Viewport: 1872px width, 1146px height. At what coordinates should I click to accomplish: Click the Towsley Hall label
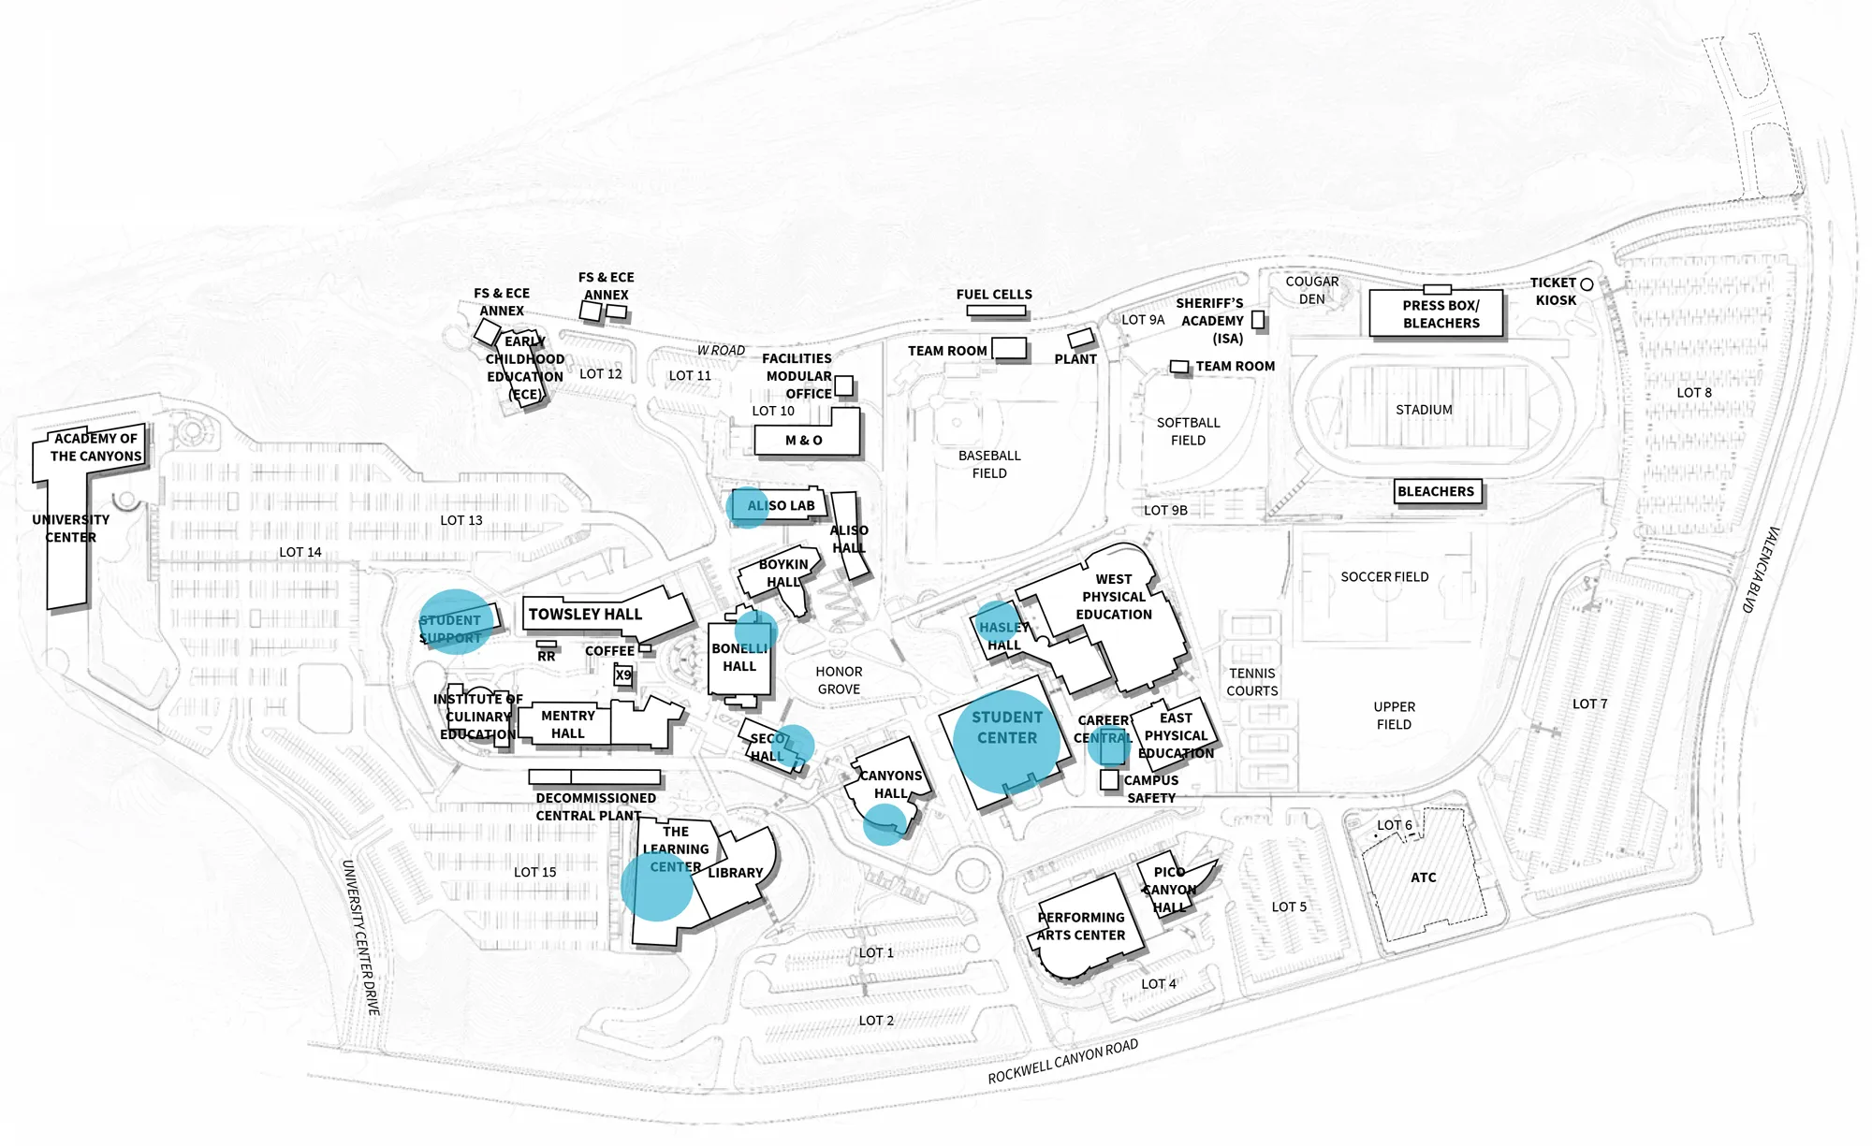click(x=585, y=615)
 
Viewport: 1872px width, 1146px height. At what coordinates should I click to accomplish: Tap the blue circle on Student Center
click(x=1007, y=742)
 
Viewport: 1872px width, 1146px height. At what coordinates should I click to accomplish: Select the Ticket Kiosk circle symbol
click(x=1587, y=283)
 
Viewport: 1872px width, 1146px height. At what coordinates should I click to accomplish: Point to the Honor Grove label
click(x=839, y=680)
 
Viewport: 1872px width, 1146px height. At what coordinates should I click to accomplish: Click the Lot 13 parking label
click(x=461, y=520)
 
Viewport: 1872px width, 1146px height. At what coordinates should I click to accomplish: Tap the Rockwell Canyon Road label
click(x=1063, y=1061)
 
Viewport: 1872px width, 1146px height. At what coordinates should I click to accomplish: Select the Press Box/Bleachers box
click(x=1437, y=312)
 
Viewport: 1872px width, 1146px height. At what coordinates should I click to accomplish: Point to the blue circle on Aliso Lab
click(x=747, y=507)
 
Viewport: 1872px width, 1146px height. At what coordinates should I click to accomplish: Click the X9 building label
click(x=623, y=675)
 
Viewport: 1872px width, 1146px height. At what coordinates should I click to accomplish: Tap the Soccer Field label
click(x=1384, y=577)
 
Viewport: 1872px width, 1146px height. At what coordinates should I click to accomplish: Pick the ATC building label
click(x=1423, y=878)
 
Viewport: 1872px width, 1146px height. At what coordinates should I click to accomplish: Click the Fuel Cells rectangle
click(x=996, y=311)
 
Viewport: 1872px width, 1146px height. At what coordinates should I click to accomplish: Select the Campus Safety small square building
click(x=1109, y=779)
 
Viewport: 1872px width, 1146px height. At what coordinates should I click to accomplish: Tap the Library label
click(x=735, y=873)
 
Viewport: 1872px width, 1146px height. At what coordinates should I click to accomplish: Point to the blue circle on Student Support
click(x=455, y=621)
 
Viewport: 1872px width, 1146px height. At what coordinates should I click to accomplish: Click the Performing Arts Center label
click(x=1081, y=926)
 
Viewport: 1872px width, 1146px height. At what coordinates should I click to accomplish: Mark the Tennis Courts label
click(x=1252, y=682)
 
